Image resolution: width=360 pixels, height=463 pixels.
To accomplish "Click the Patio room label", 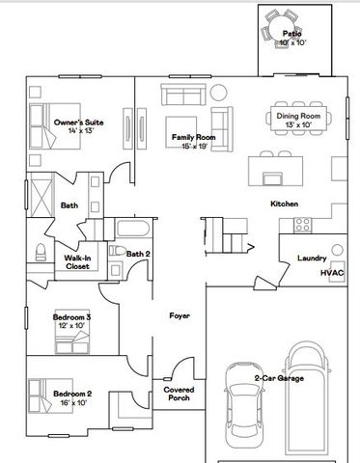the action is point(292,34).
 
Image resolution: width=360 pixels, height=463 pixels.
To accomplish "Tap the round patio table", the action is point(283,27).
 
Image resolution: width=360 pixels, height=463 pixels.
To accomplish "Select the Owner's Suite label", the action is point(79,123).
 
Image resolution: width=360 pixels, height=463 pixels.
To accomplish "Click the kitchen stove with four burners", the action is point(303,225).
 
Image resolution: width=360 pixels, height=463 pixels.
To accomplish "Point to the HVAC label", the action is point(332,273).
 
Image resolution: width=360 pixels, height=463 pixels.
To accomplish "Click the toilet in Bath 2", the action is point(117,250).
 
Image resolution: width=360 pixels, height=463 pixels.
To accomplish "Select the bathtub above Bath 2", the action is point(133,228).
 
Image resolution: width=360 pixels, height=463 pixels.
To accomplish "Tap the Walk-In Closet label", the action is point(77,262).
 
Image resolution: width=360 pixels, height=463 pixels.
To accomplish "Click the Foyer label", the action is point(180,315).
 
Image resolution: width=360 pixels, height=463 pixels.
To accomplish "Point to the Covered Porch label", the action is point(179,394).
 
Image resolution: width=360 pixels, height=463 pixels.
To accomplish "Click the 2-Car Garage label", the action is point(279,378).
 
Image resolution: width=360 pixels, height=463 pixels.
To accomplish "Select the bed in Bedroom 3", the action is point(72,336).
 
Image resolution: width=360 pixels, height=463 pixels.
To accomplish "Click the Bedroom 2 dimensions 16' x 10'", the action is point(73,402).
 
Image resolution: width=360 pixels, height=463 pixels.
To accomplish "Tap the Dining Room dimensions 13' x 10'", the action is point(298,124).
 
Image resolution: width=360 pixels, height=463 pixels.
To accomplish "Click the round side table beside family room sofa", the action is point(219,93).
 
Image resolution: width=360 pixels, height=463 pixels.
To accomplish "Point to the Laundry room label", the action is point(312,258).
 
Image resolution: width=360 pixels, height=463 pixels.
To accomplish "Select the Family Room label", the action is point(193,137).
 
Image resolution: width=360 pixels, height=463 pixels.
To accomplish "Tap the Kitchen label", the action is point(284,204).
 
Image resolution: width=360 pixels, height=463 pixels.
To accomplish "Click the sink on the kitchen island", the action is point(272,178).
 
